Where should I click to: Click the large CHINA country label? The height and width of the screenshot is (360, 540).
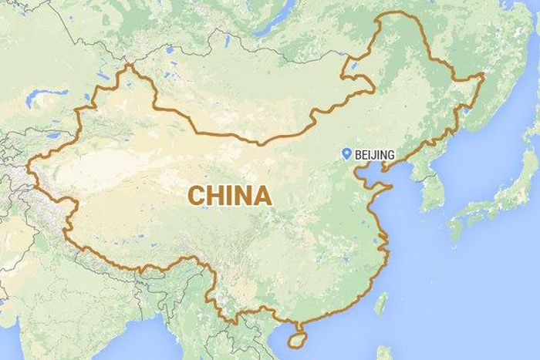[x=230, y=196]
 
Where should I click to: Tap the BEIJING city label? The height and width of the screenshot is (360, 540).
[x=375, y=155]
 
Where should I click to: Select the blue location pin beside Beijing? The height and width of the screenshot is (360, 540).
[x=348, y=154]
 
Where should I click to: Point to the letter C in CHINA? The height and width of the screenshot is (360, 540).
[x=197, y=196]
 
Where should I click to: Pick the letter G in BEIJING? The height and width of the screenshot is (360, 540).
[x=390, y=155]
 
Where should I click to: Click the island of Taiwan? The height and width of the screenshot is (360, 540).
[x=380, y=302]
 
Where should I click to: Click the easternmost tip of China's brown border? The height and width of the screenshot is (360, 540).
[x=484, y=75]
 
